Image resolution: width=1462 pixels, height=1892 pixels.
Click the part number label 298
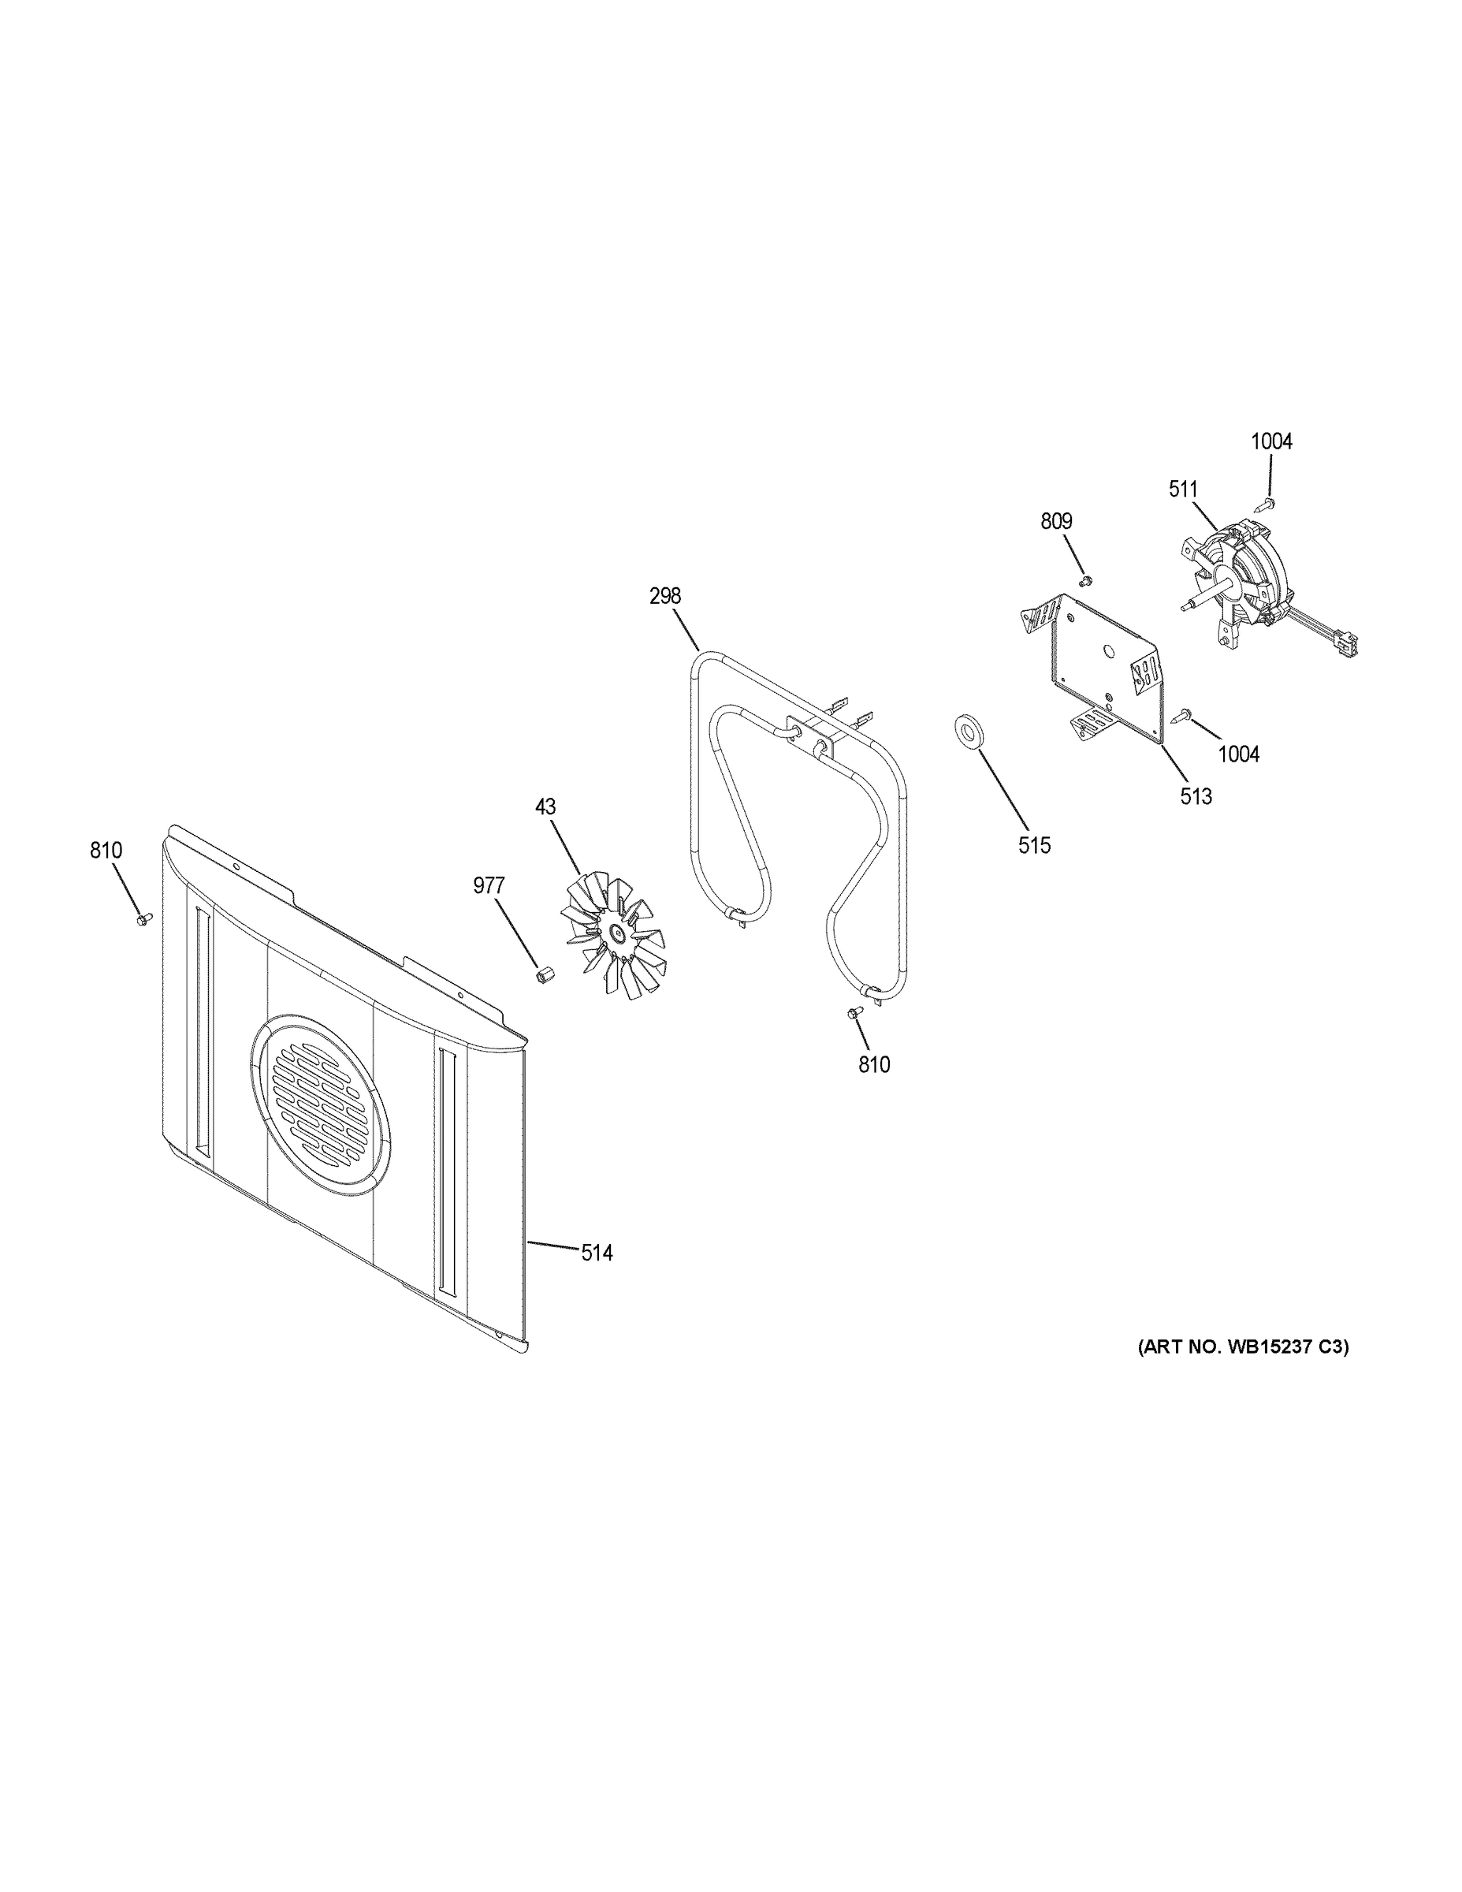click(665, 596)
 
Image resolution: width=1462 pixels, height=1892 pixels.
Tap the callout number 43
click(545, 806)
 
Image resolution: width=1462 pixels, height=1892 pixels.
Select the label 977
click(489, 885)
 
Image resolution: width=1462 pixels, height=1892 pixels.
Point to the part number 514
click(597, 1252)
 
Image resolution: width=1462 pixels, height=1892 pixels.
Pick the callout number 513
click(1196, 796)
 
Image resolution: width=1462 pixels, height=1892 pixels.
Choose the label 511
click(1183, 490)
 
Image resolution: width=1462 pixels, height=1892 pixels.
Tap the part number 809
click(1056, 522)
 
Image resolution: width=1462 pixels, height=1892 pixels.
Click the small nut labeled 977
click(544, 974)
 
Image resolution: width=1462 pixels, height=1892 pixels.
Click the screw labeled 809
click(1086, 579)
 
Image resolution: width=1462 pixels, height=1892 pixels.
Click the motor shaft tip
click(1184, 607)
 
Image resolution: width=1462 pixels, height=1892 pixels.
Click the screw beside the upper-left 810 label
click(143, 918)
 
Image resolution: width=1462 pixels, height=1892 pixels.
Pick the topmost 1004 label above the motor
click(1270, 441)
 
